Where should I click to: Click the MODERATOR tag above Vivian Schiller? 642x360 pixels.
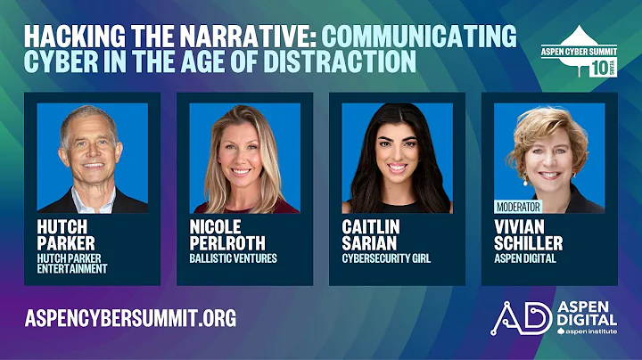point(518,206)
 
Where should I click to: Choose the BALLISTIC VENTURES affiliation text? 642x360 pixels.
point(233,258)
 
